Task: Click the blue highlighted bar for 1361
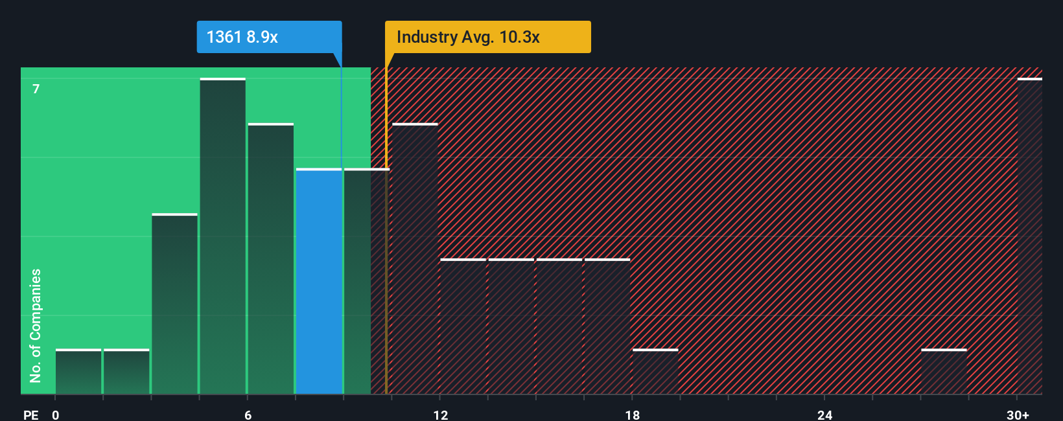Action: pyautogui.click(x=319, y=282)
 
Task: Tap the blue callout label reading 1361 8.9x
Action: pyautogui.click(x=268, y=37)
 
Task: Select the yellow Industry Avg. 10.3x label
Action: pyautogui.click(x=487, y=37)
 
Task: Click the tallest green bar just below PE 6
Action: pyautogui.click(x=222, y=236)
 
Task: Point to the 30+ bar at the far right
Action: pyautogui.click(x=1029, y=236)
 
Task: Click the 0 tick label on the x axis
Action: pyautogui.click(x=56, y=415)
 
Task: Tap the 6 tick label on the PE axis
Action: pyautogui.click(x=248, y=415)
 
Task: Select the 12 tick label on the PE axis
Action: pyautogui.click(x=441, y=415)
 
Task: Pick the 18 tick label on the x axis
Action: pyautogui.click(x=633, y=415)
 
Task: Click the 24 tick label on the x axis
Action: pyautogui.click(x=824, y=415)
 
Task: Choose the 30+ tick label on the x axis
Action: pyautogui.click(x=1018, y=415)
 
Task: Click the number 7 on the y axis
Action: pyautogui.click(x=36, y=89)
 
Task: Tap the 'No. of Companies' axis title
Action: pyautogui.click(x=36, y=325)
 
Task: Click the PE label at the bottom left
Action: pyautogui.click(x=30, y=415)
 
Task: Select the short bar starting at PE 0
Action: pyautogui.click(x=78, y=372)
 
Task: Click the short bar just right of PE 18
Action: pyautogui.click(x=655, y=372)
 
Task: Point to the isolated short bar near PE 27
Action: pyautogui.click(x=944, y=372)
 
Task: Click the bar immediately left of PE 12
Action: pyautogui.click(x=415, y=259)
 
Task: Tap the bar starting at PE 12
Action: pyautogui.click(x=463, y=327)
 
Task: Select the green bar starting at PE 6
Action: pyautogui.click(x=270, y=259)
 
